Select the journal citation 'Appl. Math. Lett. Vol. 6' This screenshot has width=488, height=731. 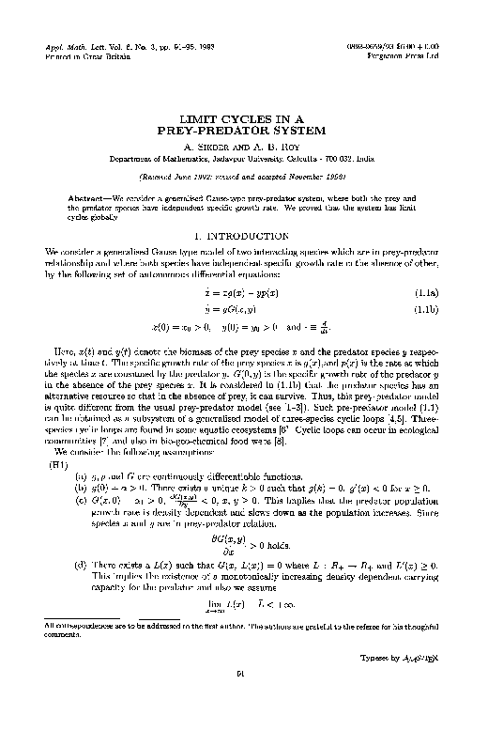pos(89,45)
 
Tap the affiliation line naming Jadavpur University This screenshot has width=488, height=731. pos(243,159)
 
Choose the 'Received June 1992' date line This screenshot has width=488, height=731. pos(243,176)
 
